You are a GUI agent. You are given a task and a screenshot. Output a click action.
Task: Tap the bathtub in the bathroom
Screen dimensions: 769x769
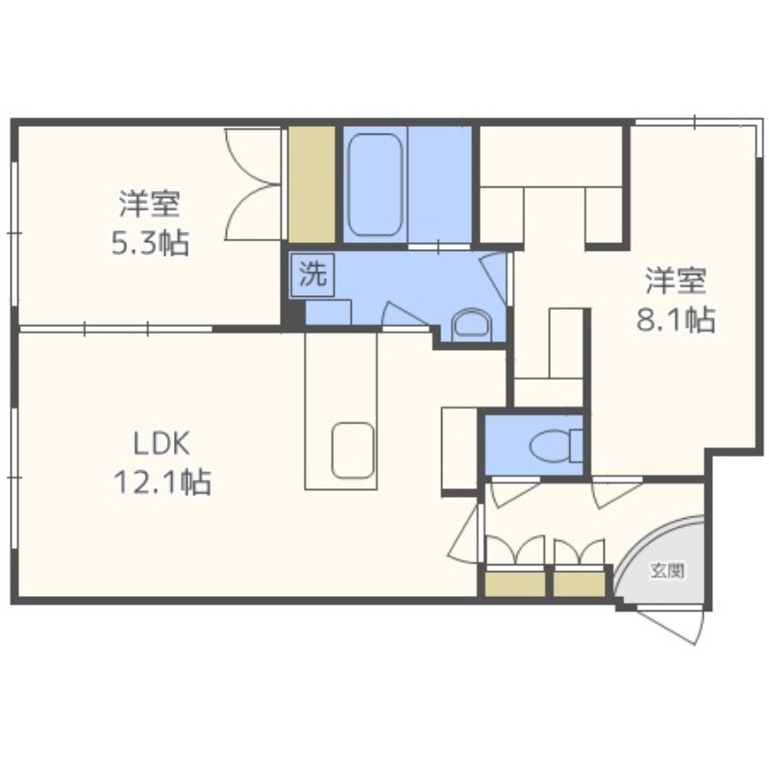click(x=375, y=185)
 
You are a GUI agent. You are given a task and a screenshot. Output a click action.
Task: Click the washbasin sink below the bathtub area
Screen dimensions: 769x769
click(x=471, y=324)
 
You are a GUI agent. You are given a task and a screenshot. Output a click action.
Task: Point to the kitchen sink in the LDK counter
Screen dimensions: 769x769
click(x=353, y=450)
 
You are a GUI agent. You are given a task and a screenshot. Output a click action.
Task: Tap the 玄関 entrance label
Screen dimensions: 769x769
click(x=667, y=571)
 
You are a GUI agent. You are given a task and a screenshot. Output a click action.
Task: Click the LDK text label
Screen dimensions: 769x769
click(x=161, y=444)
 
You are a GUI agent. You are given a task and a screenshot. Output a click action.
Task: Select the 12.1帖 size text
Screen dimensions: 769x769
click(x=162, y=482)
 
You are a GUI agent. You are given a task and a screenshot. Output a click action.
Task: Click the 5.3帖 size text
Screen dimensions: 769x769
click(x=150, y=242)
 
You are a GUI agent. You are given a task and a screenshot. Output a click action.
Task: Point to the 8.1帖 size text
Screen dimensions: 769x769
click(x=676, y=320)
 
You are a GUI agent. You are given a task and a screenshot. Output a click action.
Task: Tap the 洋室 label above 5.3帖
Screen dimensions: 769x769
click(x=150, y=205)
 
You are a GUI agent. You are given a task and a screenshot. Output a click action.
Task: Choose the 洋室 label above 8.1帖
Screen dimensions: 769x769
click(x=676, y=282)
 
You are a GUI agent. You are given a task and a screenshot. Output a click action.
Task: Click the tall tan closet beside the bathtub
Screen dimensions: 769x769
click(x=311, y=185)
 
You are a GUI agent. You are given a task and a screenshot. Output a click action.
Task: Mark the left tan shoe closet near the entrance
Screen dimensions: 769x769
click(x=515, y=584)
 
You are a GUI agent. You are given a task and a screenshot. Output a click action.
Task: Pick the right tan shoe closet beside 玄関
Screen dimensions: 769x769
click(x=580, y=584)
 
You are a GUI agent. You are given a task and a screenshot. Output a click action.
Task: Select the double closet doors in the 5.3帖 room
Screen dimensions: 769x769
click(x=253, y=185)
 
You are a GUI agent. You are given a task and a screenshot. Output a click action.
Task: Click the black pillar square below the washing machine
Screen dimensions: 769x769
click(x=293, y=312)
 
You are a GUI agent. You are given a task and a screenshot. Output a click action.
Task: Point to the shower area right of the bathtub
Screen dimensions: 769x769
click(x=439, y=185)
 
